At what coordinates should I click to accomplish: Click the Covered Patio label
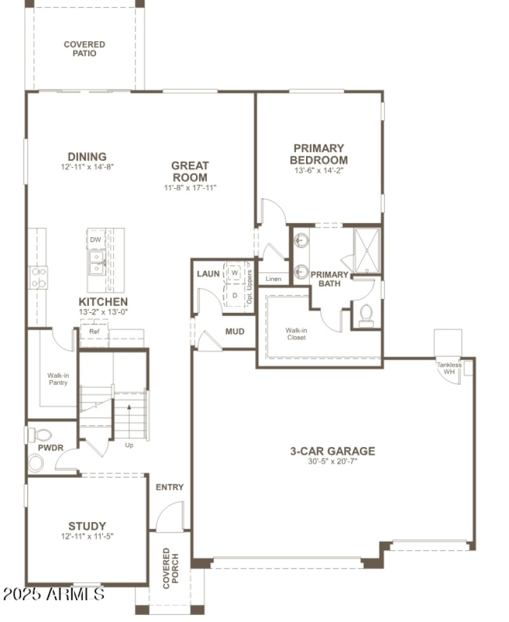tap(84, 49)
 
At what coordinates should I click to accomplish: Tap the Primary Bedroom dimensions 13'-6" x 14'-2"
tap(319, 170)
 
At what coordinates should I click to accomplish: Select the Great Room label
tap(190, 171)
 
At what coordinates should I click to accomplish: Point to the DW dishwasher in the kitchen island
tap(95, 239)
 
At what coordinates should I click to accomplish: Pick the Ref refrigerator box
tap(94, 331)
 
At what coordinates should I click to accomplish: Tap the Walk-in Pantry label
tap(58, 379)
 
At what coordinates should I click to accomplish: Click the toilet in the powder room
tap(41, 436)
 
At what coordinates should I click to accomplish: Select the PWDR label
tap(51, 448)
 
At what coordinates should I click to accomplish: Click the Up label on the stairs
tap(129, 445)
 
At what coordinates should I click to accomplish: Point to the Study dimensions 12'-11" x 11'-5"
tap(87, 536)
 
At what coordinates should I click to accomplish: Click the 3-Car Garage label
tap(333, 452)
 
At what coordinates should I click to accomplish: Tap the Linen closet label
tap(274, 279)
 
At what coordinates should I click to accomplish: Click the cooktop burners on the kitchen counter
tap(39, 277)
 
